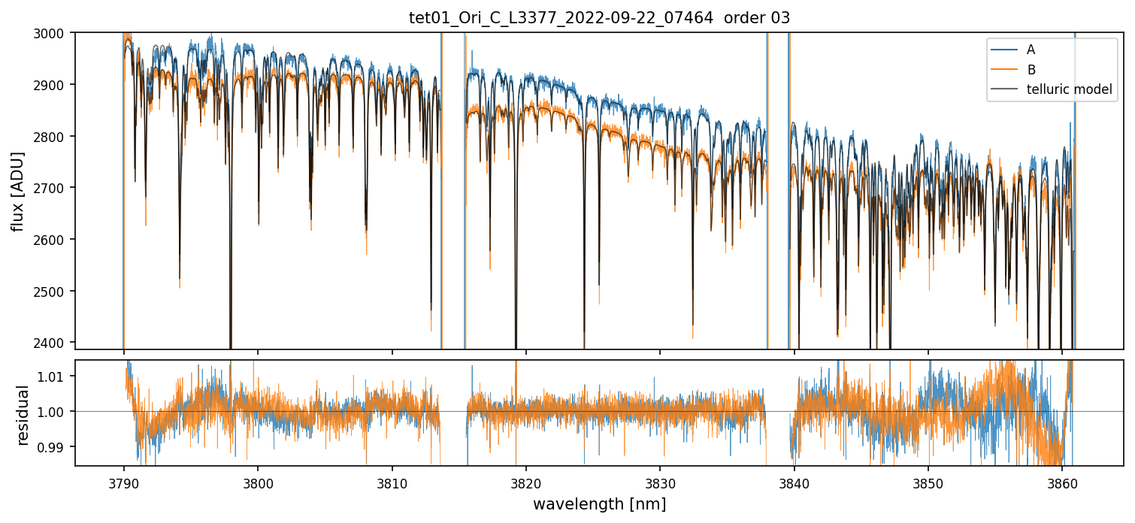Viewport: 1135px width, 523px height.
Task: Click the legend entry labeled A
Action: (1031, 50)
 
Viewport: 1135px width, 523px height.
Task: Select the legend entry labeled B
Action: (1031, 70)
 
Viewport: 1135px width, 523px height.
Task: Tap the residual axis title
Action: (23, 415)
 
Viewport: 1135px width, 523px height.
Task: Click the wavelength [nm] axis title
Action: (599, 503)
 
